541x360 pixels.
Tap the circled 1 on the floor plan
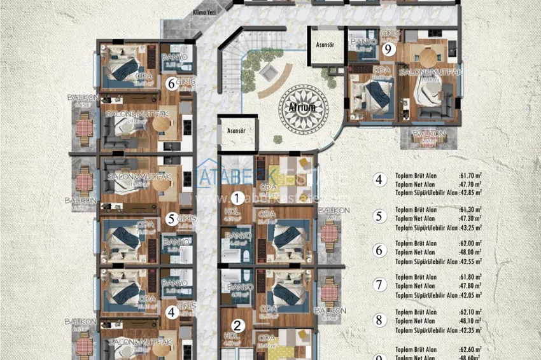click(x=237, y=198)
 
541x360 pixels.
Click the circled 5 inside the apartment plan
click(x=171, y=219)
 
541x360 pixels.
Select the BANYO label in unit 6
click(x=175, y=57)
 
